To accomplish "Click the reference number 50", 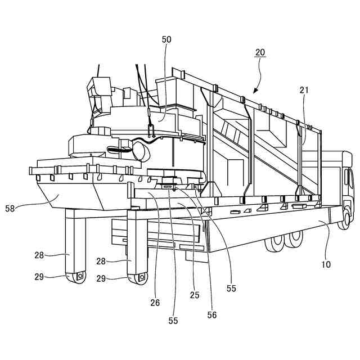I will (166, 39).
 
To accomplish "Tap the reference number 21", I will (304, 89).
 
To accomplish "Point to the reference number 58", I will (26, 208).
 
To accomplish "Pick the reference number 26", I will (155, 303).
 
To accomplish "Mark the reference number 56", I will (211, 315).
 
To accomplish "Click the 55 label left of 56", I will (173, 321).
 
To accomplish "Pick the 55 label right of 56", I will (231, 288).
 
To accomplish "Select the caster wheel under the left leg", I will (77, 277).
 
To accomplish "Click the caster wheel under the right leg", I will (138, 278).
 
